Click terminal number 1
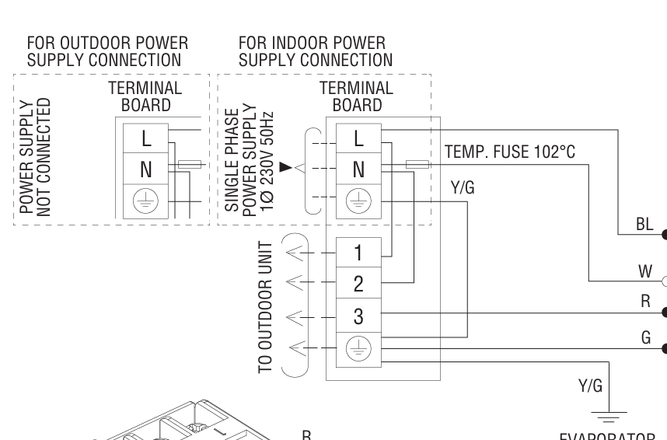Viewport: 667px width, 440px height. point(358,253)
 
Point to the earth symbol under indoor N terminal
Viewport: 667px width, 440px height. point(358,200)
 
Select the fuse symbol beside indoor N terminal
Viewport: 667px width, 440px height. point(416,164)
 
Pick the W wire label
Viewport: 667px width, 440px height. point(644,272)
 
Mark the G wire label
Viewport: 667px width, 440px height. point(645,337)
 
